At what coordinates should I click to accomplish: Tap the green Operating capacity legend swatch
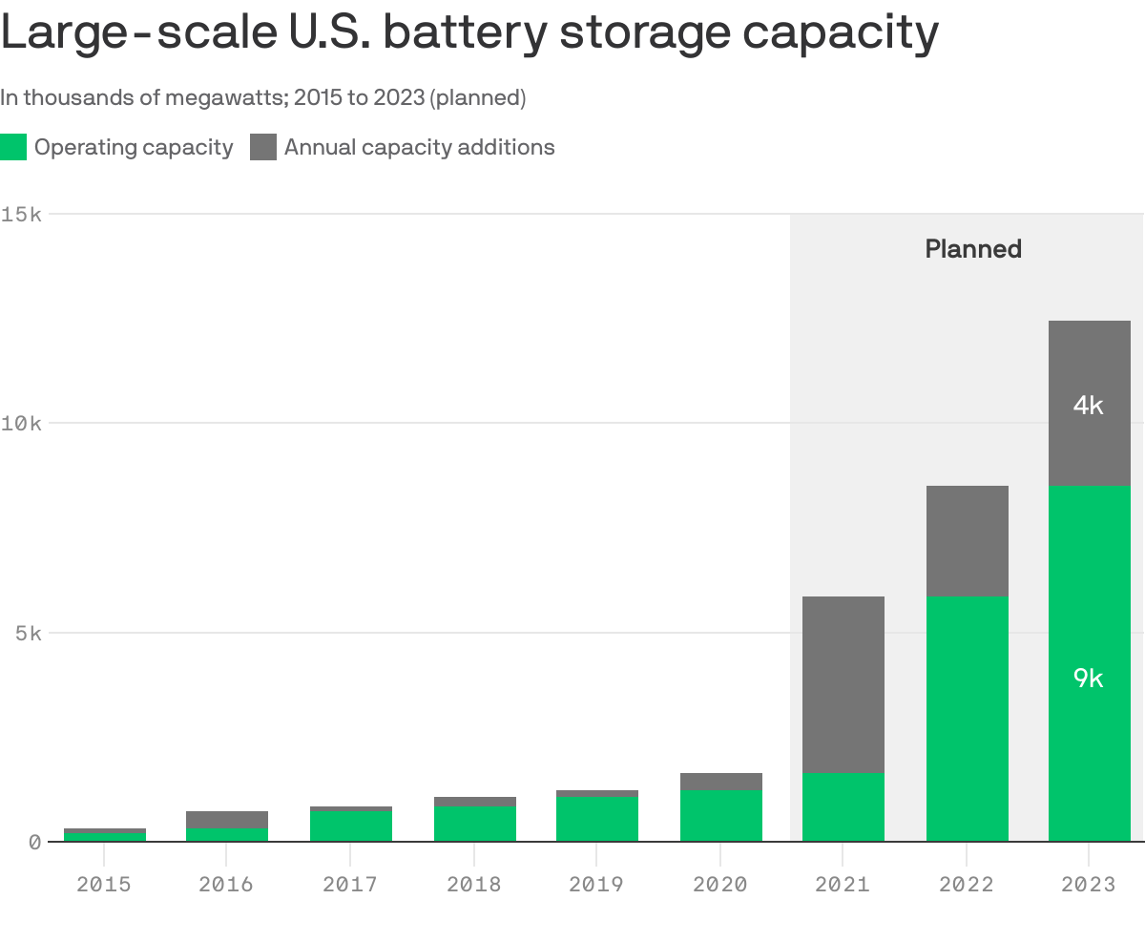click(x=13, y=147)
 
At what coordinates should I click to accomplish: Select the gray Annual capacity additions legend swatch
click(x=263, y=147)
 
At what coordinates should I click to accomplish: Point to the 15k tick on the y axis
click(x=21, y=214)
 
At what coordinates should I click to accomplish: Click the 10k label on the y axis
click(x=21, y=423)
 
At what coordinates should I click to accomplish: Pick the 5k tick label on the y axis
click(x=27, y=633)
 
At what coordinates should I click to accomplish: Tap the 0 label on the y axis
click(x=34, y=842)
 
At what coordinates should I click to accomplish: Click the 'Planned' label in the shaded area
click(x=973, y=249)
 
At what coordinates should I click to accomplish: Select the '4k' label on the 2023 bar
click(x=1088, y=406)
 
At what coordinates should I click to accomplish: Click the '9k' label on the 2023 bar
click(x=1088, y=679)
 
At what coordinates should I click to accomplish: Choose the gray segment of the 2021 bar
click(x=843, y=684)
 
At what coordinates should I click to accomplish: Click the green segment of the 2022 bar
click(x=967, y=719)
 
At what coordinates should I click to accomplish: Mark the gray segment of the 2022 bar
click(x=967, y=541)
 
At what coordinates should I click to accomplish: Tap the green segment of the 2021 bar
click(x=843, y=807)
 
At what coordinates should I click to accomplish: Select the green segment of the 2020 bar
click(x=721, y=816)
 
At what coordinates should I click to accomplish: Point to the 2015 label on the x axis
click(x=104, y=885)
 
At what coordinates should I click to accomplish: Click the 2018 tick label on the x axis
click(x=474, y=885)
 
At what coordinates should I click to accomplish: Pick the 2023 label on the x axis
click(x=1089, y=885)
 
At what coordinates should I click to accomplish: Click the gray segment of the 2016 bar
click(x=227, y=819)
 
